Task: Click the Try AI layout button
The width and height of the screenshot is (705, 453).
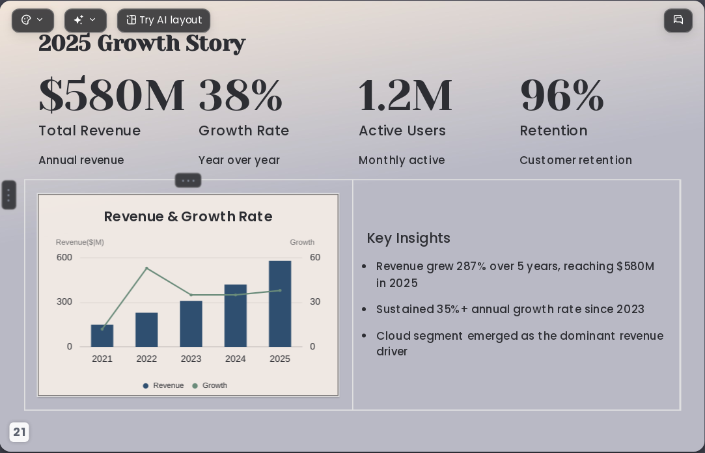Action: coord(163,20)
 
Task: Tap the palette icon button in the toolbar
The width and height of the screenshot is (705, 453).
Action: coord(33,20)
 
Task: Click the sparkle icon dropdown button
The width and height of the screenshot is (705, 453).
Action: coord(85,20)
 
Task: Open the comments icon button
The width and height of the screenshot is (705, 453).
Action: coord(678,20)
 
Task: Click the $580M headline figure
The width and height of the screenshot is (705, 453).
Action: coord(111,95)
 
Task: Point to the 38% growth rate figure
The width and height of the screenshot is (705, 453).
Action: coord(241,95)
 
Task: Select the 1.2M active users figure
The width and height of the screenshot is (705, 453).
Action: coord(405,95)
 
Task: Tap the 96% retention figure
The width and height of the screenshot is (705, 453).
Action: coord(562,95)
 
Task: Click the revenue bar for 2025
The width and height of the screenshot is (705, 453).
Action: coord(280,304)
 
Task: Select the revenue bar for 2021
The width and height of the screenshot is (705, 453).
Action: coord(102,336)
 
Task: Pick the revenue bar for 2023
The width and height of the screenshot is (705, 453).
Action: coord(191,323)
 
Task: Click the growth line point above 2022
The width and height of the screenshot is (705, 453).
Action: coord(146,268)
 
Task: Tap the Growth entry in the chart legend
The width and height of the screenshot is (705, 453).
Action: coord(210,385)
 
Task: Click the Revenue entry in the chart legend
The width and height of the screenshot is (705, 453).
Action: coord(163,385)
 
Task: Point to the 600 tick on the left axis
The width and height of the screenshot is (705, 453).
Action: coord(64,258)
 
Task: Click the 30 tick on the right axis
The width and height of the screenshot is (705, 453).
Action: coord(315,302)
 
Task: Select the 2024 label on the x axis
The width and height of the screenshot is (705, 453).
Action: coord(236,359)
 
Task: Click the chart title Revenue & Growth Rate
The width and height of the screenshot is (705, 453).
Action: coord(188,217)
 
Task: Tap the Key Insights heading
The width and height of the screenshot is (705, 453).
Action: coord(409,238)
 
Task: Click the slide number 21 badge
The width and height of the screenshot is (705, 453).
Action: coord(19,432)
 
